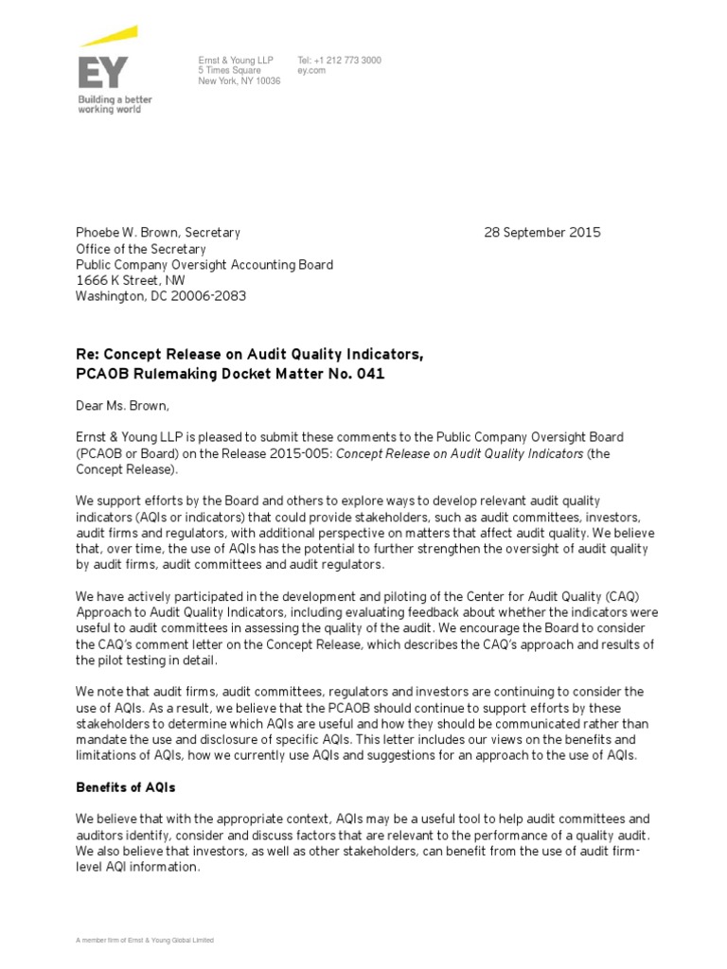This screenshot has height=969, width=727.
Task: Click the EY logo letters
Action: point(102,72)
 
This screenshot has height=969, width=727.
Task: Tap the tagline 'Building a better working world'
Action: point(114,104)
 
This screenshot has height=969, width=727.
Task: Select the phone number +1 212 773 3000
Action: point(346,61)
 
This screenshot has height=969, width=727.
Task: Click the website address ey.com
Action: point(311,71)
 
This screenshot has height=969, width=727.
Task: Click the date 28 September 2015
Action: point(541,233)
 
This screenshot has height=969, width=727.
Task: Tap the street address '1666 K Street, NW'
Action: point(131,281)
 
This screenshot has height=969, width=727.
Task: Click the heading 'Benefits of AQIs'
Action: point(126,787)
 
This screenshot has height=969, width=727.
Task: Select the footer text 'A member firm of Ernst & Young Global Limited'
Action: point(145,941)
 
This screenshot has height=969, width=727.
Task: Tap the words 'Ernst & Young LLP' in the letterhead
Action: point(236,61)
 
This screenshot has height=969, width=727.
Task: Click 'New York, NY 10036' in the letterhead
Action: point(239,81)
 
